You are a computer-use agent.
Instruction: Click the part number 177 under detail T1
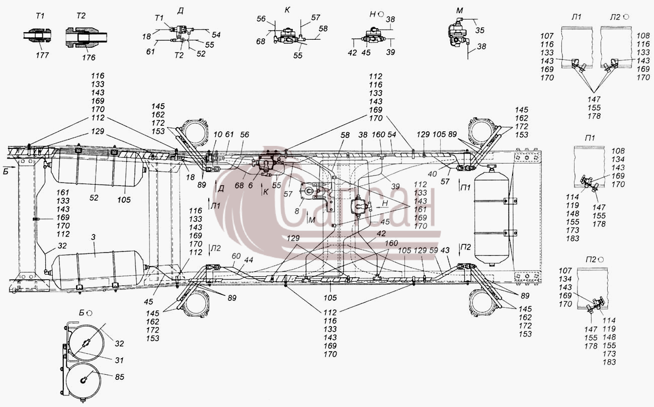click(x=42, y=55)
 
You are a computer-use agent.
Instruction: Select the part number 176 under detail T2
click(x=89, y=57)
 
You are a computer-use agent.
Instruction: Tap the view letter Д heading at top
click(x=181, y=11)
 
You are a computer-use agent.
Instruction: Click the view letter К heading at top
click(x=287, y=10)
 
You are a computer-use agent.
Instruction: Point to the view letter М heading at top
click(x=459, y=11)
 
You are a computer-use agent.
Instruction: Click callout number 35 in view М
click(x=480, y=30)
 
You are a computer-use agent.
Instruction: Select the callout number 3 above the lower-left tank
click(x=93, y=237)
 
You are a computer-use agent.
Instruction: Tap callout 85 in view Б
click(x=119, y=377)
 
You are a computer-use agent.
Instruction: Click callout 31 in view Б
click(x=119, y=360)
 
